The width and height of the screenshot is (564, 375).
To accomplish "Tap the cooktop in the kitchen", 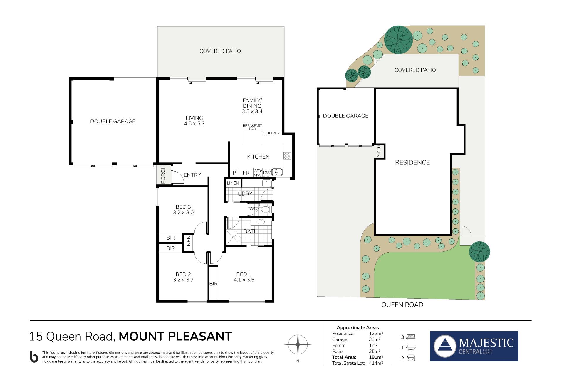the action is click(287, 156).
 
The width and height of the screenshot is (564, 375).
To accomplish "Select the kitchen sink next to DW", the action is click(277, 172).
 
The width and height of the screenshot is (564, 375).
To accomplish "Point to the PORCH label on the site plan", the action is click(379, 151).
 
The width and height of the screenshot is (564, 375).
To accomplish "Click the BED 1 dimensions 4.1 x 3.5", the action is click(244, 280).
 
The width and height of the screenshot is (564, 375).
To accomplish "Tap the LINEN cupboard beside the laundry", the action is click(233, 183).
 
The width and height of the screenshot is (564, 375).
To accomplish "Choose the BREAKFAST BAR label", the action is click(252, 127).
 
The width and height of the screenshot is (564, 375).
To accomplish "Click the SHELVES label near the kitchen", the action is click(272, 133).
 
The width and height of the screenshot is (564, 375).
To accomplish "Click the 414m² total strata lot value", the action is click(376, 363).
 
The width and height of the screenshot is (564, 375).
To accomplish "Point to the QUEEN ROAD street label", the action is click(402, 305).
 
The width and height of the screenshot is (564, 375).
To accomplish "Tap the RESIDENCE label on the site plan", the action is click(412, 162).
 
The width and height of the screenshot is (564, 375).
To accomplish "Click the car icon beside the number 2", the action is click(411, 358).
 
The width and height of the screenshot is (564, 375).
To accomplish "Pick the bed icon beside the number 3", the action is click(411, 337).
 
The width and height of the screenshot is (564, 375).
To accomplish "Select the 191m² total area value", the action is click(376, 357).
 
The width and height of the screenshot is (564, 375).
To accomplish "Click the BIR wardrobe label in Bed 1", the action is click(214, 284).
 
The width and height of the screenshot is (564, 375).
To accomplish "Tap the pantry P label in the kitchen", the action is click(234, 173).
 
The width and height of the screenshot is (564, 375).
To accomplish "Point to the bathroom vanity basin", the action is click(261, 222).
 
